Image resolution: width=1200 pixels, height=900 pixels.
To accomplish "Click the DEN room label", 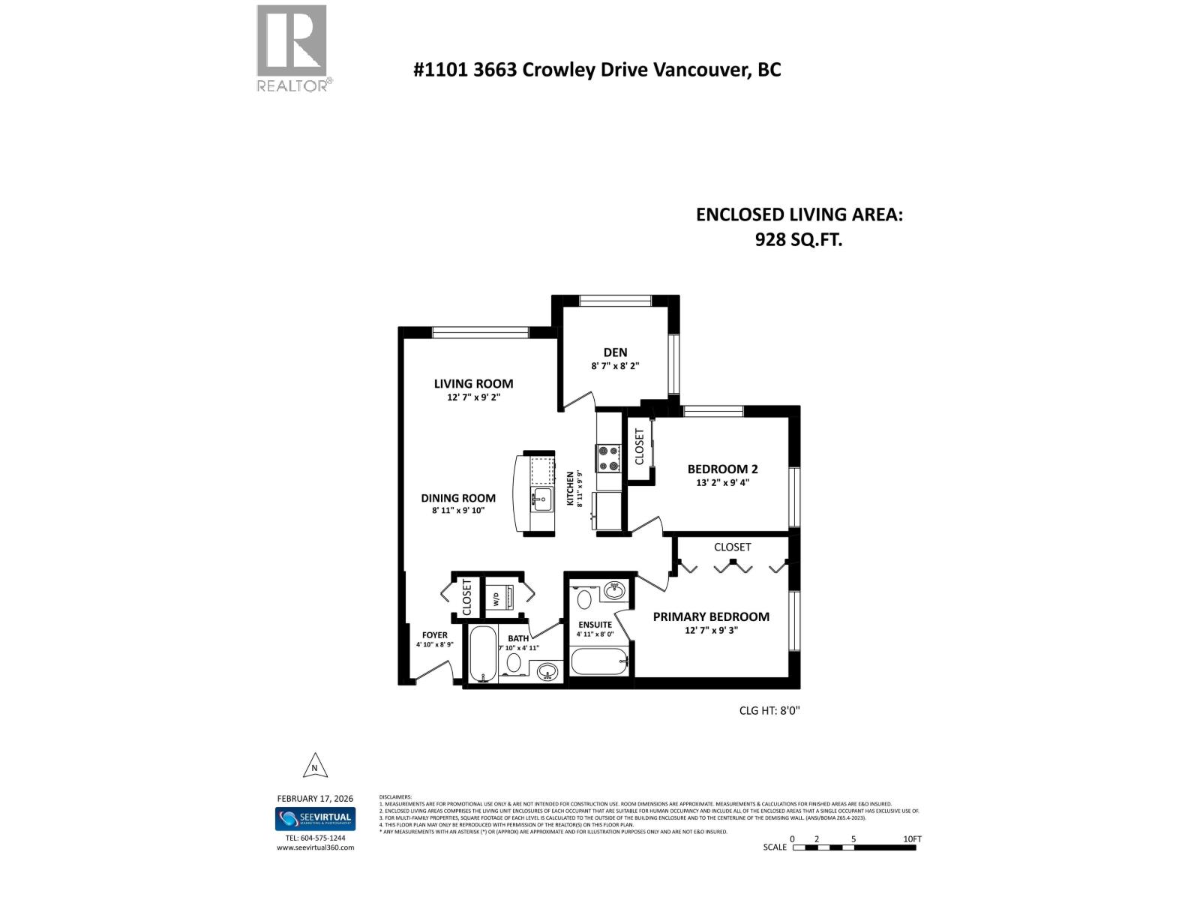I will click(x=615, y=352).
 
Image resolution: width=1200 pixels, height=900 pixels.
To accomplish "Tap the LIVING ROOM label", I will click(x=473, y=384).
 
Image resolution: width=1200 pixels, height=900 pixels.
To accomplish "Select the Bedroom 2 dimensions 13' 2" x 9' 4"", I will click(x=722, y=483).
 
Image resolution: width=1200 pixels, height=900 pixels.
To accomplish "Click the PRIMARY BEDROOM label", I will click(x=711, y=616).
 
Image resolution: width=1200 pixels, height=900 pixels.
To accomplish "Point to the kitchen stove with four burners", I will click(x=608, y=458).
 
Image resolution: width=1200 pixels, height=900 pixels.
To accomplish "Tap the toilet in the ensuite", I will click(x=584, y=600).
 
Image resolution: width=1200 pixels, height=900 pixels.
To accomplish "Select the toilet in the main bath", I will click(x=514, y=662).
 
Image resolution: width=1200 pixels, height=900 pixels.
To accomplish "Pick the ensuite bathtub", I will click(x=598, y=661).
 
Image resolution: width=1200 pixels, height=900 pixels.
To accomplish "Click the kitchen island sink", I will click(x=541, y=497).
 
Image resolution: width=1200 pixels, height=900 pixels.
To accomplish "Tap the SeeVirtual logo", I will click(x=315, y=819).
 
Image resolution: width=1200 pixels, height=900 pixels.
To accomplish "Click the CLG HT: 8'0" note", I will click(x=769, y=710).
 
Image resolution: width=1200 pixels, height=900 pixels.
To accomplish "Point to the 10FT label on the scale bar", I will click(x=912, y=839).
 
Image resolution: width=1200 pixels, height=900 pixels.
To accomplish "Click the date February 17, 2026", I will click(x=315, y=799).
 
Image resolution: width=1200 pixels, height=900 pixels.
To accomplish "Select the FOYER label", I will click(x=435, y=635).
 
